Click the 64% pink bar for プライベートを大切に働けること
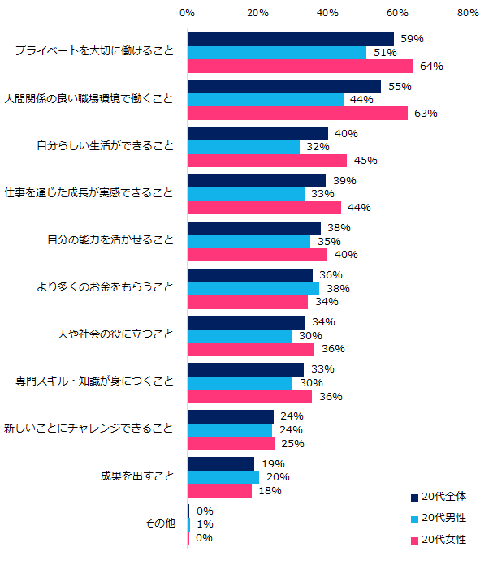pos(300,67)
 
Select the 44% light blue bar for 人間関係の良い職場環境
pos(266,100)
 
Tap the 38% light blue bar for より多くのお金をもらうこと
pos(253,288)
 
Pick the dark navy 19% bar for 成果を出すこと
pos(221,463)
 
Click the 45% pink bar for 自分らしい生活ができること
pos(267,161)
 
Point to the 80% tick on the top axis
pos(467,13)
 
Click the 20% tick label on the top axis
pos(257,13)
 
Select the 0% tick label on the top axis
pos(187,13)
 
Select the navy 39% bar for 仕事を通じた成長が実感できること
pos(256,180)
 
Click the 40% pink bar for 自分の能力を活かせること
pos(257,255)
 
